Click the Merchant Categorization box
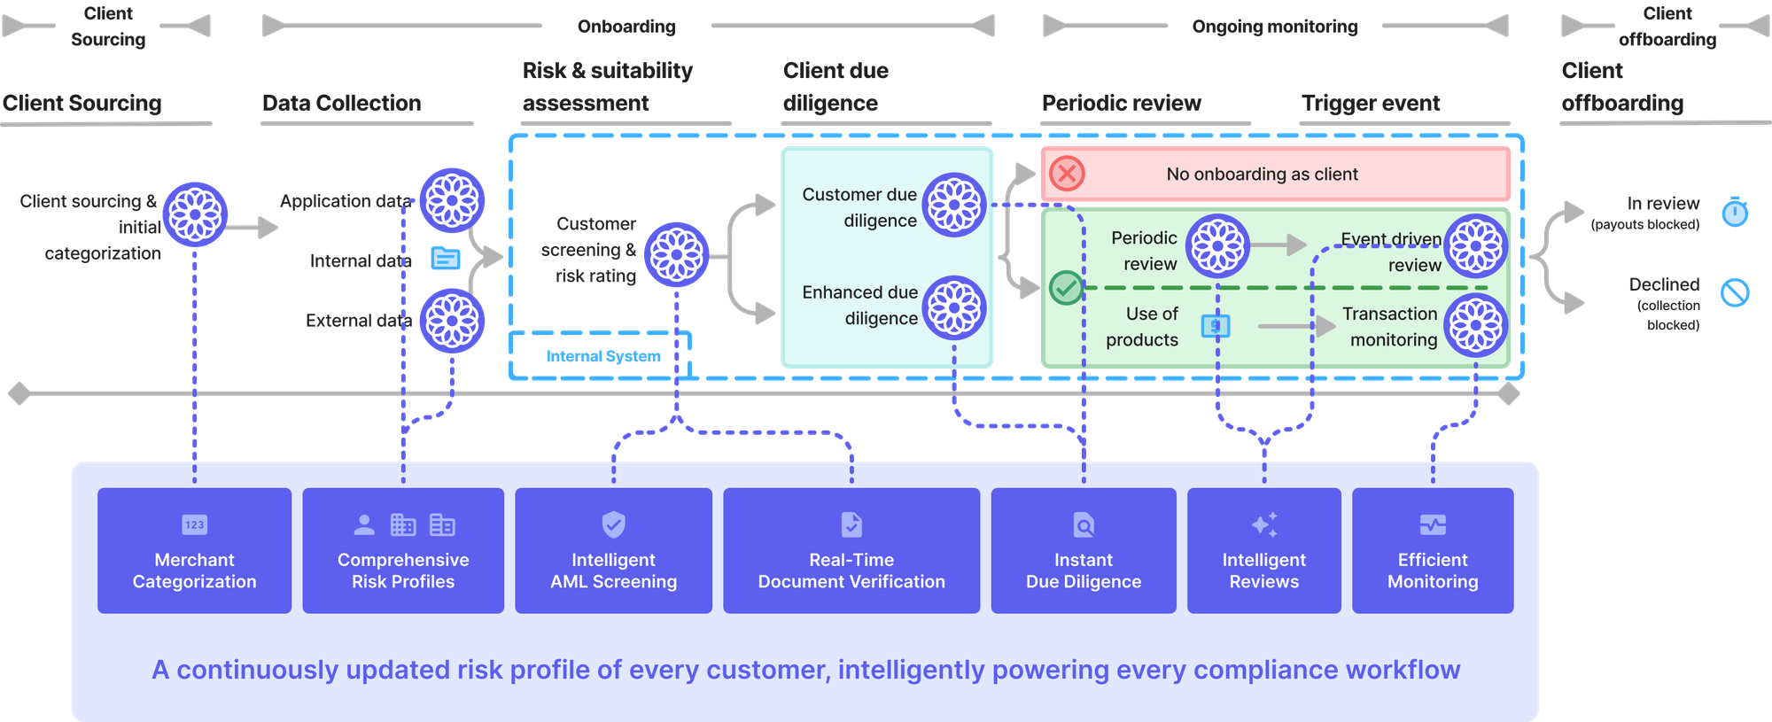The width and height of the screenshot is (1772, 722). click(194, 550)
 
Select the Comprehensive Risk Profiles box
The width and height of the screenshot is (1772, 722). click(403, 550)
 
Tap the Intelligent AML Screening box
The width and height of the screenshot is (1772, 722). click(613, 550)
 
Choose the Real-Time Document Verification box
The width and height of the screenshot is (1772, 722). click(851, 550)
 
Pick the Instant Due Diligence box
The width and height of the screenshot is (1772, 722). click(1084, 550)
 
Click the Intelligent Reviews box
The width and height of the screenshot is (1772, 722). click(1264, 550)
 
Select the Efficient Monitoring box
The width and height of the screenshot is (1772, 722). click(1433, 550)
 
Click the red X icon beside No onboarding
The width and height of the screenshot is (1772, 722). click(1068, 174)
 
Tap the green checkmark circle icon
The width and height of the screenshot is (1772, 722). click(1066, 288)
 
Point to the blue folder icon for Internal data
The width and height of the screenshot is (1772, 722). click(445, 259)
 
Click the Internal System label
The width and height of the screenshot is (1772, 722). click(602, 356)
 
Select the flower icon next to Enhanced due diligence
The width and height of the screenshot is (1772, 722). click(954, 307)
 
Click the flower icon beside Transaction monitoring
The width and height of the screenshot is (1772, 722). click(1476, 325)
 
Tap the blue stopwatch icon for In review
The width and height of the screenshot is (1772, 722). click(1735, 213)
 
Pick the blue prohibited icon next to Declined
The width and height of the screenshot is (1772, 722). click(1735, 292)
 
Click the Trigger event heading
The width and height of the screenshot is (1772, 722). click(1371, 104)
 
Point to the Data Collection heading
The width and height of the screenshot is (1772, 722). click(342, 104)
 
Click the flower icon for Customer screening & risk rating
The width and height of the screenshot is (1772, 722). click(677, 254)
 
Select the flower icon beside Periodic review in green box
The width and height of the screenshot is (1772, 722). click(1218, 245)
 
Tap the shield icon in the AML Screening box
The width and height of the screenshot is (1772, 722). click(613, 524)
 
